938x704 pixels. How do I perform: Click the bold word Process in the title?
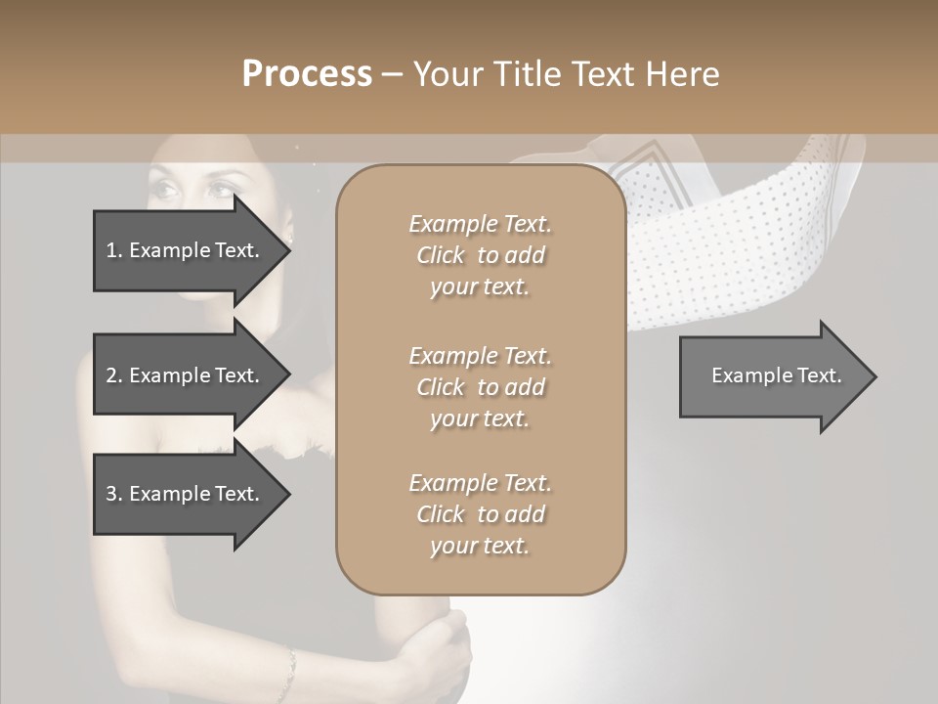307,74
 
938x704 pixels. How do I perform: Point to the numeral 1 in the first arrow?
110,250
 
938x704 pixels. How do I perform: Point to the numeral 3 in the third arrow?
111,494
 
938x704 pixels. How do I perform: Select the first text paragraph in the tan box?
480,255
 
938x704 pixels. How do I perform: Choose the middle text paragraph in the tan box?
480,387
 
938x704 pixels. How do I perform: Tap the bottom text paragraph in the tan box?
480,514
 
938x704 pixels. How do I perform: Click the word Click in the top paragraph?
441,255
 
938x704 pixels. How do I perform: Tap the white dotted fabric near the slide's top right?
743,235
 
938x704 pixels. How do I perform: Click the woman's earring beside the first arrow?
290,238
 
